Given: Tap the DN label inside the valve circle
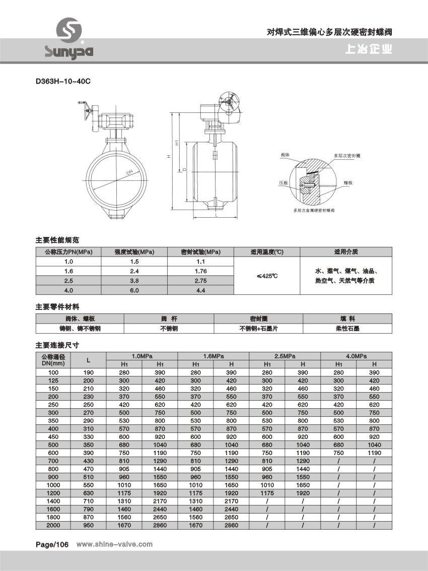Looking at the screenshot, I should click(130, 173).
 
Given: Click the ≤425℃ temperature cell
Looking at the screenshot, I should click(267, 276).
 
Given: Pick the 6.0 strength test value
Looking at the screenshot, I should click(134, 290).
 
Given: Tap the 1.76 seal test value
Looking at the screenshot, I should click(200, 271).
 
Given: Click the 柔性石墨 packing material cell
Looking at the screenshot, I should click(348, 328).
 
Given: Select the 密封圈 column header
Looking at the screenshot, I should click(258, 319).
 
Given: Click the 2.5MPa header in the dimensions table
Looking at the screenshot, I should click(285, 356).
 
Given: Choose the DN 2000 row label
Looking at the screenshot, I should click(53, 525).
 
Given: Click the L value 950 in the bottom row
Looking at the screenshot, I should click(89, 525).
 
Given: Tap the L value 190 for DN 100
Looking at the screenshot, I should click(89, 372).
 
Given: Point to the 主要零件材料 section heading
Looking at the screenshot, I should click(57, 306).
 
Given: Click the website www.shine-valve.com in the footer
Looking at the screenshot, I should click(114, 544).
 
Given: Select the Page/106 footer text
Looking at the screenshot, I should click(51, 544).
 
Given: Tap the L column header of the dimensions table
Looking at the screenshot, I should click(89, 360).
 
